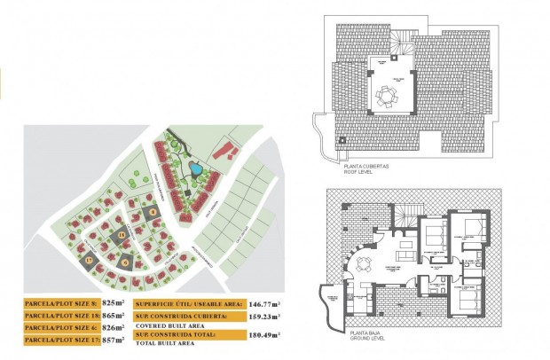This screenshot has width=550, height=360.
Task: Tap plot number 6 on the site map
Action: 126,262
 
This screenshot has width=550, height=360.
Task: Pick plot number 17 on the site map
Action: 90,260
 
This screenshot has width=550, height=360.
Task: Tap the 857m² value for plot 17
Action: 110,340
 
